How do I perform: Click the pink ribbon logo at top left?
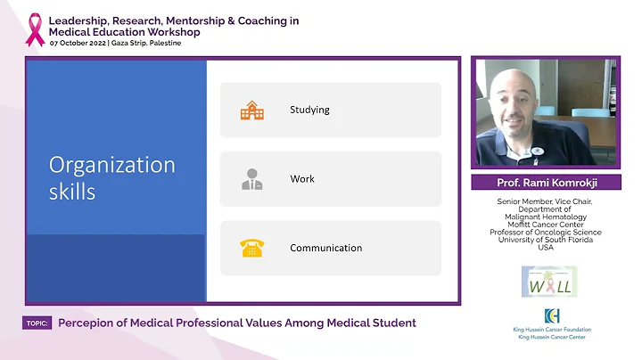(35, 29)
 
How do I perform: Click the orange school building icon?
(251, 110)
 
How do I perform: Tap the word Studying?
(309, 110)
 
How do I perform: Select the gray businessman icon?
(251, 179)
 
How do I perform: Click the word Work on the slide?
(302, 179)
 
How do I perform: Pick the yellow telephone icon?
(251, 248)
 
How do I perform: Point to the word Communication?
(325, 248)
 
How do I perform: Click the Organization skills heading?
(111, 177)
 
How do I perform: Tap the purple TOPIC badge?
(37, 323)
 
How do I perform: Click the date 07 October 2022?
(78, 44)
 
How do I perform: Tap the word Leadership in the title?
(78, 20)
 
